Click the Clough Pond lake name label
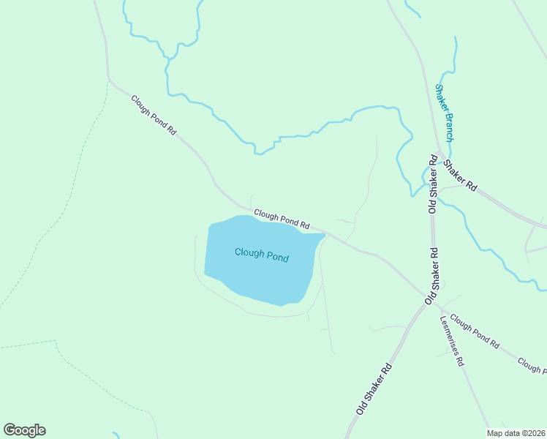(261, 255)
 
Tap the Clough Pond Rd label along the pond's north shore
(282, 219)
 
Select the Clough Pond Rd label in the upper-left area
(154, 116)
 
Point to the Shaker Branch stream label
(445, 112)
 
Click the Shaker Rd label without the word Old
(460, 175)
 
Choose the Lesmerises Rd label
(451, 340)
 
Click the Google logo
(24, 430)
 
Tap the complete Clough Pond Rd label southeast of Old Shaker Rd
(475, 330)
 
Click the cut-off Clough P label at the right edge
(532, 364)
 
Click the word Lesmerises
(448, 334)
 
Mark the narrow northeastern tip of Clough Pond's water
(322, 236)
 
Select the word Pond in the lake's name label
(277, 258)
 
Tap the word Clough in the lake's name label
(249, 253)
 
